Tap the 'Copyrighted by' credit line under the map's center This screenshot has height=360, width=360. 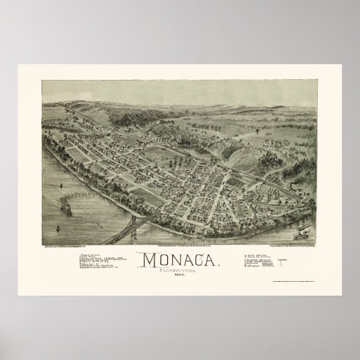tap(180, 231)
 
